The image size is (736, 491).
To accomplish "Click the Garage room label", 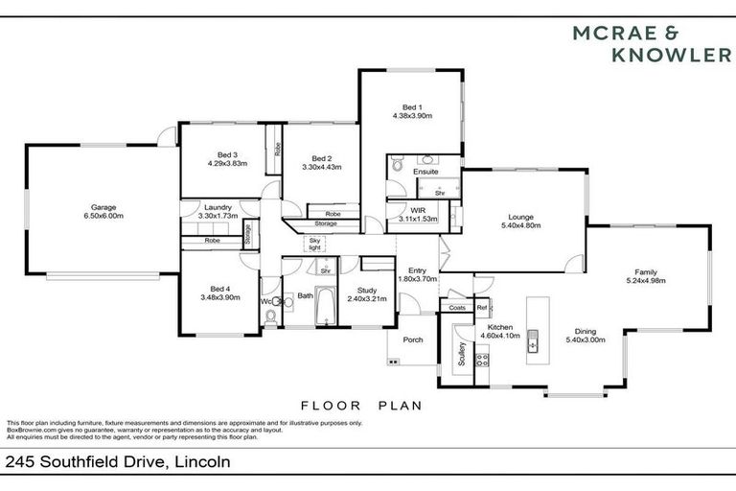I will (x=103, y=209).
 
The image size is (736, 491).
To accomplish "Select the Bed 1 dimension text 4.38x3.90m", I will (x=412, y=115).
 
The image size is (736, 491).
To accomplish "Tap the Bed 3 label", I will (x=227, y=155).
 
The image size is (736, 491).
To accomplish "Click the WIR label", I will (x=418, y=210).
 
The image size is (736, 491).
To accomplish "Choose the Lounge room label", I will (x=521, y=218).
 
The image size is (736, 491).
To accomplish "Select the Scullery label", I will (x=461, y=355).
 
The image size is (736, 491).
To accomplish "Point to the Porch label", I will (x=412, y=339).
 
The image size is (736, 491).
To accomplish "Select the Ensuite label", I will (x=425, y=172).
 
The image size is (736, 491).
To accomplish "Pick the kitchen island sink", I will (x=534, y=340).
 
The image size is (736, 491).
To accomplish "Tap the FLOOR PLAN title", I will (x=361, y=406).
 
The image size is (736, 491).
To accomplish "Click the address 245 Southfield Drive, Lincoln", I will (x=118, y=462).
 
